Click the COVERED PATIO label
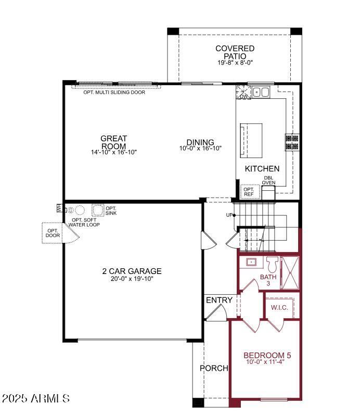pyautogui.click(x=235, y=52)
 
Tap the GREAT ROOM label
pyautogui.click(x=113, y=142)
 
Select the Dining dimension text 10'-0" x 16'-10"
pyautogui.click(x=200, y=148)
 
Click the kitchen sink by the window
pyautogui.click(x=261, y=92)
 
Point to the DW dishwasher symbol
pyautogui.click(x=243, y=92)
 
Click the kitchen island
pyautogui.click(x=251, y=140)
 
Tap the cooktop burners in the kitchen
pyautogui.click(x=292, y=142)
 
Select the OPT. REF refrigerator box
pyautogui.click(x=250, y=192)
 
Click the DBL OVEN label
pyautogui.click(x=268, y=180)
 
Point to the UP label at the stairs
pyautogui.click(x=229, y=215)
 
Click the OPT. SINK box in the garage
pyautogui.click(x=97, y=210)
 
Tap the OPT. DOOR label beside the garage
pyautogui.click(x=53, y=233)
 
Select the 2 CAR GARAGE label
pyautogui.click(x=132, y=271)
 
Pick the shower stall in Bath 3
pyautogui.click(x=290, y=272)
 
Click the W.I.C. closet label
pyautogui.click(x=279, y=308)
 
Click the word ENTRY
pyautogui.click(x=219, y=300)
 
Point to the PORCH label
pyautogui.click(x=214, y=368)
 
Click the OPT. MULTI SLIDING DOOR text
pyautogui.click(x=114, y=92)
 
